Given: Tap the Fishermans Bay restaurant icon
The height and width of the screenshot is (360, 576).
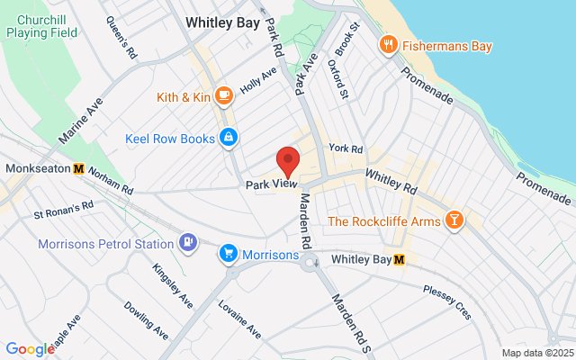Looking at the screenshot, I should click(389, 43).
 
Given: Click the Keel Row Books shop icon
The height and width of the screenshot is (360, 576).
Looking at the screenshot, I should click(229, 138).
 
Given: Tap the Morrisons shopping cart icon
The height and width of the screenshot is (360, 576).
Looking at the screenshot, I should click(229, 255).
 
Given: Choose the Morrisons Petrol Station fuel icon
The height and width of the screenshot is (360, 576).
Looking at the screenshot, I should click(187, 243).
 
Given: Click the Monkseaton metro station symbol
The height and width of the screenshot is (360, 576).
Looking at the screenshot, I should click(79, 168).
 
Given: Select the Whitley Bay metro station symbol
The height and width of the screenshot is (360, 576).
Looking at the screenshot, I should click(400, 259).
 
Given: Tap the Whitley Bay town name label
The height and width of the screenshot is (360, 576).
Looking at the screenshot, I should click(222, 22).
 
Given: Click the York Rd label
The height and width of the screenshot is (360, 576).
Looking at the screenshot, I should click(346, 148).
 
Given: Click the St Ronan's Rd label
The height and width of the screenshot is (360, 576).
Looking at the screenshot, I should click(64, 210).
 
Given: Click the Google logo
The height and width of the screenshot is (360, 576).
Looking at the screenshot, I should click(29, 349).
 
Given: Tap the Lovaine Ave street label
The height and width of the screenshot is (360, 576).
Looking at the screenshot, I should click(238, 319).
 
